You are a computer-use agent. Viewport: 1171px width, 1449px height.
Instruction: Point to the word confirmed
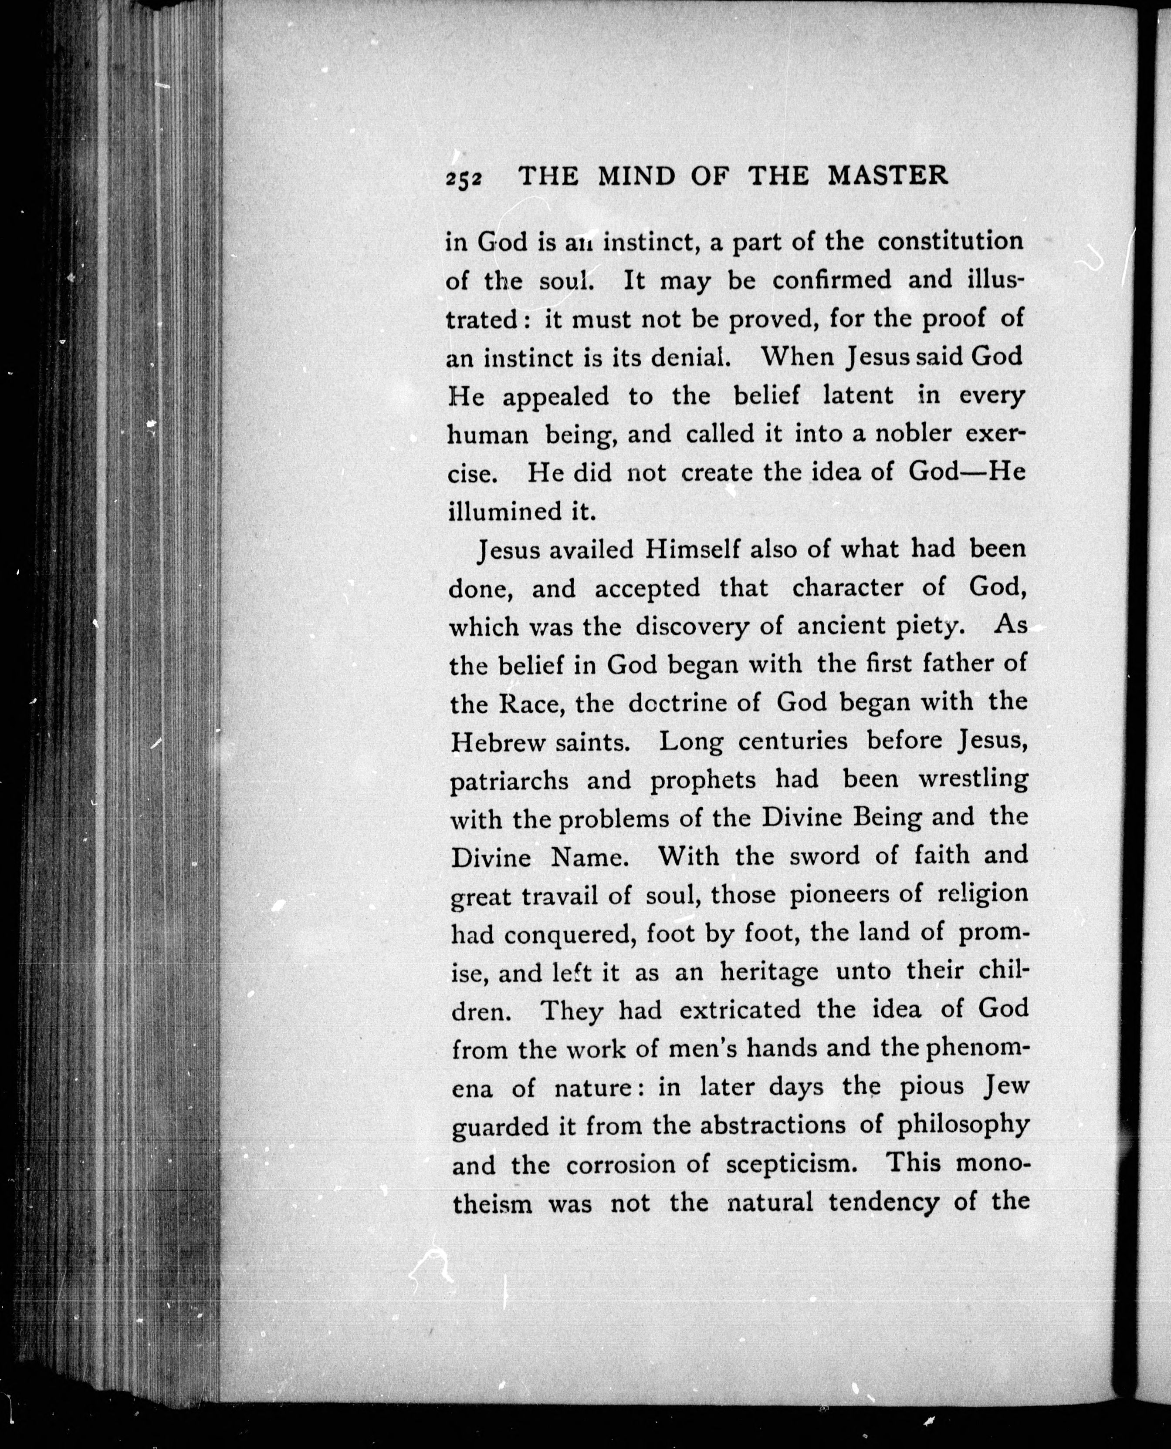[x=831, y=279]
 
